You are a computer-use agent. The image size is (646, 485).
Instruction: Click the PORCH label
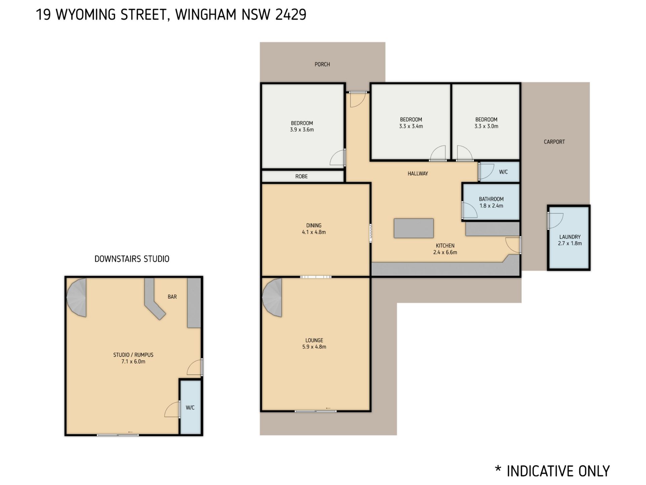click(x=322, y=64)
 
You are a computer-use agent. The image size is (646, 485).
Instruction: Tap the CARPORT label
click(x=554, y=142)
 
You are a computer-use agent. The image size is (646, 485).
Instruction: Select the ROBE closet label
click(x=301, y=176)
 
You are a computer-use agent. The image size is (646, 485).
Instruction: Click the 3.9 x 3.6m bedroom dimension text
click(x=302, y=130)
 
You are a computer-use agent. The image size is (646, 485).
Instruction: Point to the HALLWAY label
click(x=418, y=174)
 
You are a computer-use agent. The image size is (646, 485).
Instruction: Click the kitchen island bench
click(x=414, y=228)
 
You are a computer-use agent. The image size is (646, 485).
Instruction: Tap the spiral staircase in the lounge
click(x=272, y=297)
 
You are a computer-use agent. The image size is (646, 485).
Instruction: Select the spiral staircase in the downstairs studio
click(x=76, y=297)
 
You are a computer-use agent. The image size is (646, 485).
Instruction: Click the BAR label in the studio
click(x=172, y=297)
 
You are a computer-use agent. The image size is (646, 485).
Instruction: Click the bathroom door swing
click(x=470, y=210)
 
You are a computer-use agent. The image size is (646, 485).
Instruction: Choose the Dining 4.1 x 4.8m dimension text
click(x=314, y=232)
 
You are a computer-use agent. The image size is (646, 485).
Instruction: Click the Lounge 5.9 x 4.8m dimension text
click(x=314, y=347)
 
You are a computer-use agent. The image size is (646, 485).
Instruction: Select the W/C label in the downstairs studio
click(x=190, y=408)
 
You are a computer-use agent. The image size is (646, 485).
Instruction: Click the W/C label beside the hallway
click(x=503, y=172)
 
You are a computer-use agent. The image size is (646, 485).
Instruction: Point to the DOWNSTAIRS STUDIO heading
click(x=132, y=259)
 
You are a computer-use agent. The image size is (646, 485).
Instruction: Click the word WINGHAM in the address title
click(x=206, y=15)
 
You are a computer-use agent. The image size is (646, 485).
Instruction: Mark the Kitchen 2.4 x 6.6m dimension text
click(x=445, y=252)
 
